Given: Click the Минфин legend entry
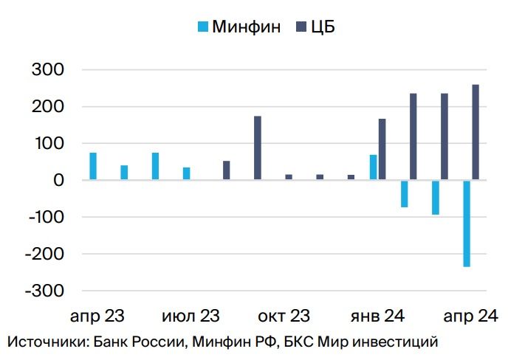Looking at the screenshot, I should coord(238,27).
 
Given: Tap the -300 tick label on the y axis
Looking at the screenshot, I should coord(45,291).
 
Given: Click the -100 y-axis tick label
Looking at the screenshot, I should coord(45,217).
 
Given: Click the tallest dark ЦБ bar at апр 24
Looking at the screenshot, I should coord(476,132).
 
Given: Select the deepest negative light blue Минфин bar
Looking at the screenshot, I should coord(467,223).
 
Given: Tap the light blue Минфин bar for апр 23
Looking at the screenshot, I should coord(93,166).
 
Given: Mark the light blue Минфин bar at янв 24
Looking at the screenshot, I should coord(374,167).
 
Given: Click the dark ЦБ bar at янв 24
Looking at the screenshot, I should coord(382,150).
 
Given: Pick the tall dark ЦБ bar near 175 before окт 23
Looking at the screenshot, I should coord(258,148).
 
